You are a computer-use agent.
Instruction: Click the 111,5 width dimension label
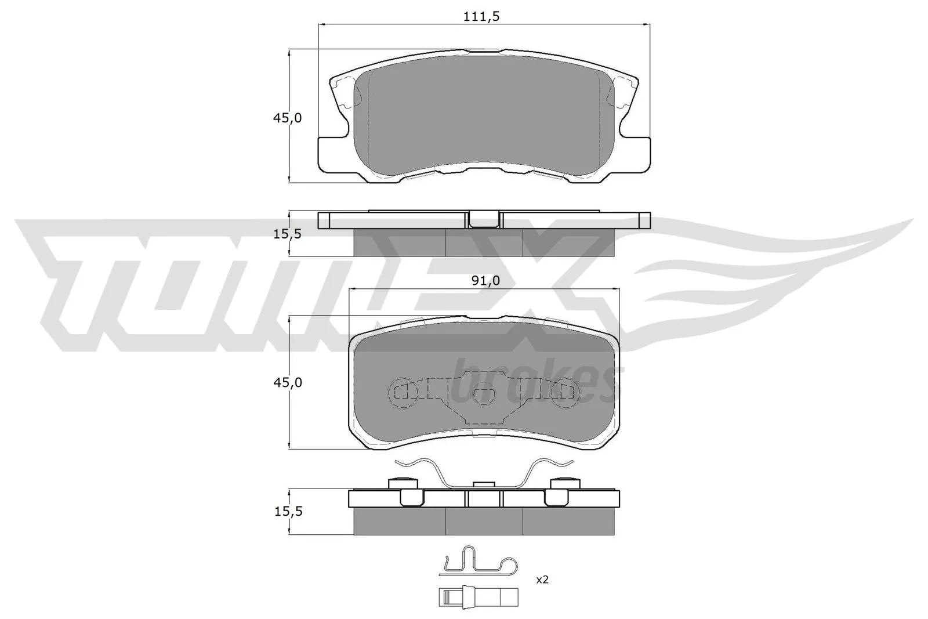coord(481,17)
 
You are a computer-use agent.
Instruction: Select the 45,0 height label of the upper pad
coord(288,118)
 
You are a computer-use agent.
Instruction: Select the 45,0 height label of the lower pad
coord(288,382)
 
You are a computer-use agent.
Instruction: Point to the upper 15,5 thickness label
coord(288,234)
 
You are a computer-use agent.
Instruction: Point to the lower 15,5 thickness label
coord(288,511)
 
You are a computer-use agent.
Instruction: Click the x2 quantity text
coord(542,580)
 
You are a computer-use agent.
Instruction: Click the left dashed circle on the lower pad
coord(402,393)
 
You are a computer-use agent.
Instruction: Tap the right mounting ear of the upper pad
coord(633,154)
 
